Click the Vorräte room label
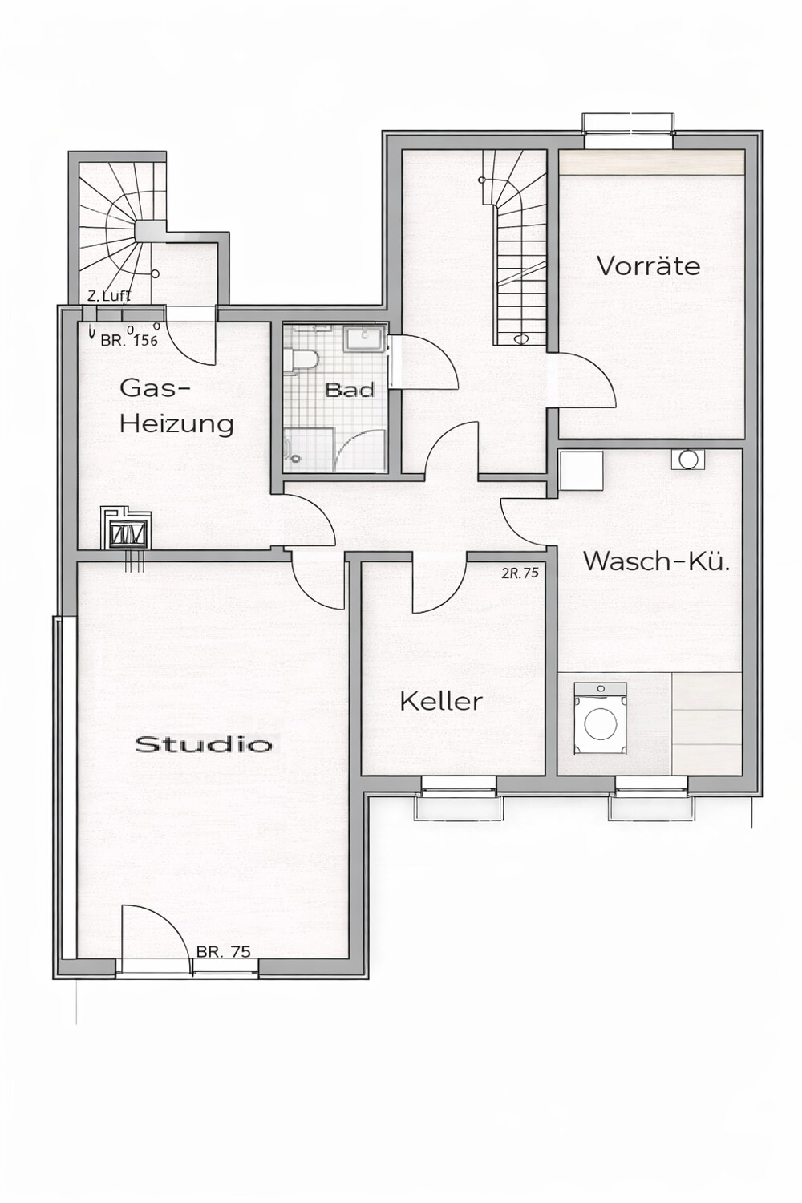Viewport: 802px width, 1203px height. click(648, 265)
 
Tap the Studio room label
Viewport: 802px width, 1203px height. click(203, 744)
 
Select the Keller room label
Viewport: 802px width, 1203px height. click(440, 701)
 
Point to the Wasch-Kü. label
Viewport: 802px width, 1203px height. click(656, 561)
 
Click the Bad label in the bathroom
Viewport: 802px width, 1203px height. click(350, 391)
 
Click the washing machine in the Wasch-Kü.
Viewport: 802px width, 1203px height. click(600, 719)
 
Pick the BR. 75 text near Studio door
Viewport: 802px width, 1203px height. click(223, 952)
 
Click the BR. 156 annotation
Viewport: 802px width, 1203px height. click(129, 340)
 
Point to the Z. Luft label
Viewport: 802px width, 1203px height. click(108, 296)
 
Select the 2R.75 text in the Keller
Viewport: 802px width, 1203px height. click(520, 573)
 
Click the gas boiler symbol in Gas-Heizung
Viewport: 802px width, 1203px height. click(124, 529)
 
